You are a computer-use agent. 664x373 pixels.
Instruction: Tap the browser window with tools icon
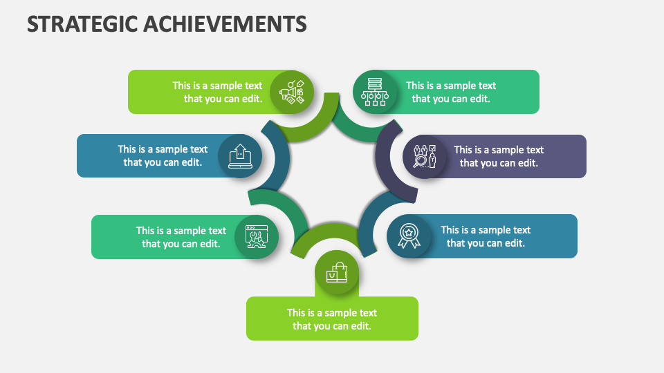pos(256,237)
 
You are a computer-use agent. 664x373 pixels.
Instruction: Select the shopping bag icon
pos(337,274)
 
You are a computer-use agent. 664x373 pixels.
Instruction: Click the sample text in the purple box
pos(499,156)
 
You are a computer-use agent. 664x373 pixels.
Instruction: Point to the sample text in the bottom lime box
pos(332,319)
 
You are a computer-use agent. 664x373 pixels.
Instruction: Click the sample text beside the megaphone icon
pos(218,92)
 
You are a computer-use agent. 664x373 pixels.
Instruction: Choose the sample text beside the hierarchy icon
pos(451,92)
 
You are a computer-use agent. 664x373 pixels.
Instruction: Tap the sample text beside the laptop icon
pos(163,156)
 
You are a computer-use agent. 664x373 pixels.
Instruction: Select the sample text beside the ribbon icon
pos(486,236)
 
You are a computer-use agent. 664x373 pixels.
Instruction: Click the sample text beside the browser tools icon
pos(181,237)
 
